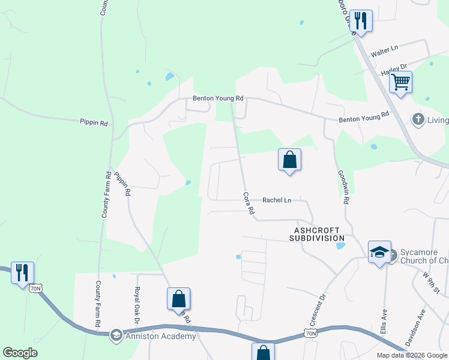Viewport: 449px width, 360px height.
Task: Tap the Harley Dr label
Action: pyautogui.click(x=394, y=68)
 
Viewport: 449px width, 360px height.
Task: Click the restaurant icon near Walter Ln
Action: pyautogui.click(x=361, y=20)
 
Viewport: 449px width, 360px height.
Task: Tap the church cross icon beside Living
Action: pyautogui.click(x=418, y=119)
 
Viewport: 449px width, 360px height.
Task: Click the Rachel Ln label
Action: pyautogui.click(x=277, y=200)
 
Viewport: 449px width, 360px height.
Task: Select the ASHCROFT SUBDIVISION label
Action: pyautogui.click(x=317, y=234)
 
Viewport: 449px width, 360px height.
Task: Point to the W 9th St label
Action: pyautogui.click(x=432, y=283)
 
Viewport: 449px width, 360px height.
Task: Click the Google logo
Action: pyautogui.click(x=20, y=353)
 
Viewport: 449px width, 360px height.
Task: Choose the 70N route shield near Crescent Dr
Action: pyautogui.click(x=310, y=333)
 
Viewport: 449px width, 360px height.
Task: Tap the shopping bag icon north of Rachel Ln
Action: pyautogui.click(x=289, y=160)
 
